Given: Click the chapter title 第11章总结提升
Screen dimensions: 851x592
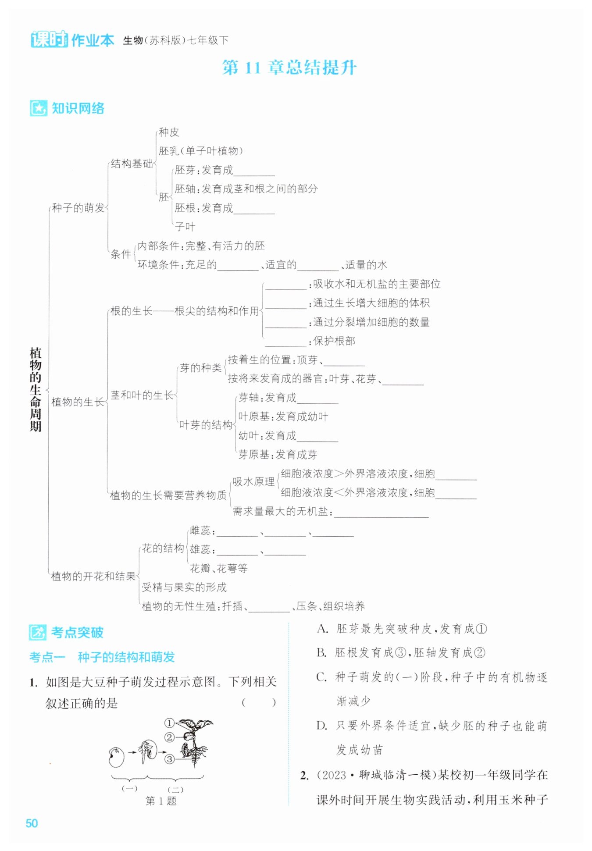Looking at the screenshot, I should point(289,68).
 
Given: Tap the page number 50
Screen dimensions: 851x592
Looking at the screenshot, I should point(32,823).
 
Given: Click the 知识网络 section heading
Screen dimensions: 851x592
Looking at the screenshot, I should point(78,108).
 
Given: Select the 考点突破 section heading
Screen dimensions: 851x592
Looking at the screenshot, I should point(77,632).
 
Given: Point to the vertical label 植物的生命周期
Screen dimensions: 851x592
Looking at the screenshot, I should point(36,389).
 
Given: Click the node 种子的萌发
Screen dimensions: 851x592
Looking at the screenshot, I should point(78,208).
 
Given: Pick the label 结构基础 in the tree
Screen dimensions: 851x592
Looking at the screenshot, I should point(132,164).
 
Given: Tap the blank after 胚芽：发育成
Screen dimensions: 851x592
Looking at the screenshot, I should point(254,171).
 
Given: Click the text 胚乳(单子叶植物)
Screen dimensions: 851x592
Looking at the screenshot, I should point(200,151).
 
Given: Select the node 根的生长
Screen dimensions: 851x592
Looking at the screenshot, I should point(131,311).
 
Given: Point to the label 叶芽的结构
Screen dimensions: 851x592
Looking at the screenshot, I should point(206,425).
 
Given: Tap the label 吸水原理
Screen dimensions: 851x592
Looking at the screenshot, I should point(253,481).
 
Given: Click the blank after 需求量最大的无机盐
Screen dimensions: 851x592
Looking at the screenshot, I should point(381,513).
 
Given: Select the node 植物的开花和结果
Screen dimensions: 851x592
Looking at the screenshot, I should point(93,576).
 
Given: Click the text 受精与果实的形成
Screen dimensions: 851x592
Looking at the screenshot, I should point(184,587).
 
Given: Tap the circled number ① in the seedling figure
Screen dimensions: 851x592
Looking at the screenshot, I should point(169,723).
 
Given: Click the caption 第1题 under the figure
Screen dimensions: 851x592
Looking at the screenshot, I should point(161,801).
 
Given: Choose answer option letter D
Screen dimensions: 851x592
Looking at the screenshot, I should point(322,726).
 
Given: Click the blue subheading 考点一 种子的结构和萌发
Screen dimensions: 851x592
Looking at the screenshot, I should point(102,657).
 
